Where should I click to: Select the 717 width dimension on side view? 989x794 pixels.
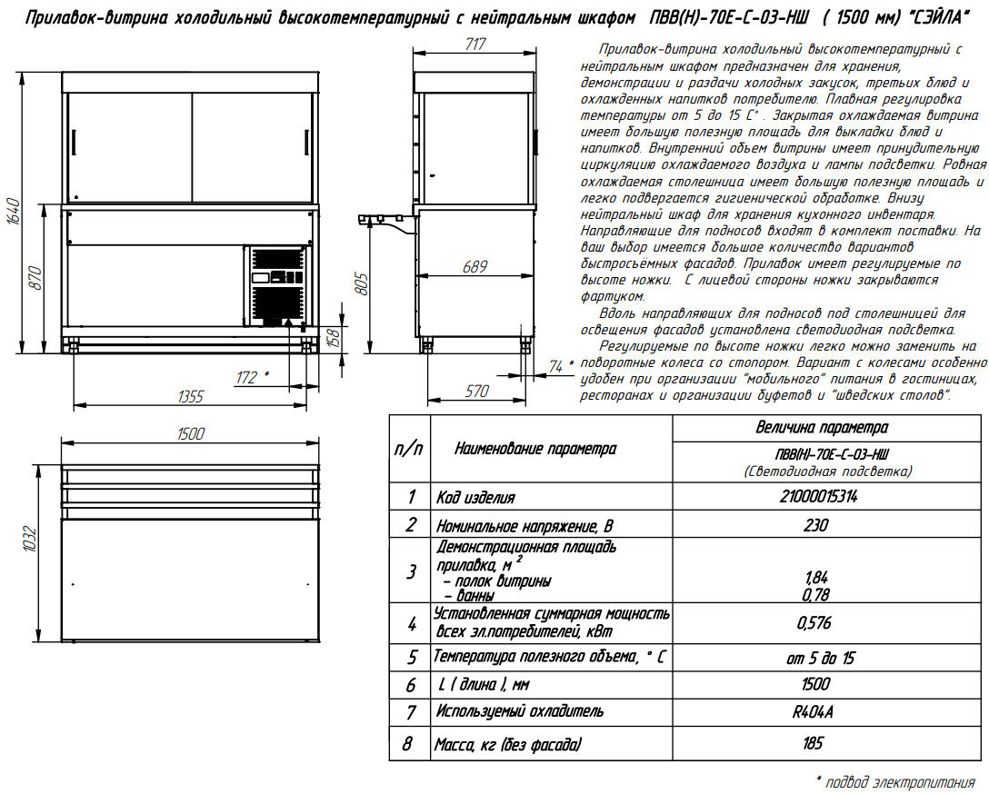(474, 45)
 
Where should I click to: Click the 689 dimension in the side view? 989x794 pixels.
(474, 267)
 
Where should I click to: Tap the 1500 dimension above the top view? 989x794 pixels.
(190, 433)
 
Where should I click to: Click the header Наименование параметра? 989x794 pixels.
(535, 449)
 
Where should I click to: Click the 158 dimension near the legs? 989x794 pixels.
(335, 337)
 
